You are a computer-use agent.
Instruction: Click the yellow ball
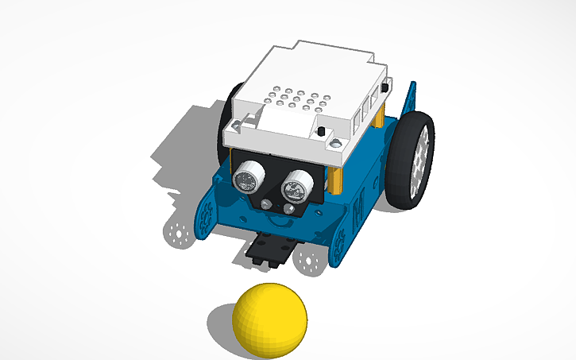(269, 318)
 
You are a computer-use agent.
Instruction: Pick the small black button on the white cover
(321, 130)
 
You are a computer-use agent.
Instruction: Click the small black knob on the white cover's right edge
(385, 86)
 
